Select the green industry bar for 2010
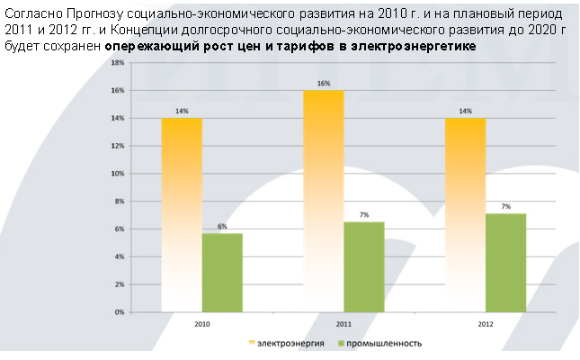coord(221,272)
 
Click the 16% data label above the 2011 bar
coord(324,84)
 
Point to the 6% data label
coord(221,227)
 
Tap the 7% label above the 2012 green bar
coord(505,207)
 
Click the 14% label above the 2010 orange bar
coord(182,112)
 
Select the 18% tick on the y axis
coord(118,64)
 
